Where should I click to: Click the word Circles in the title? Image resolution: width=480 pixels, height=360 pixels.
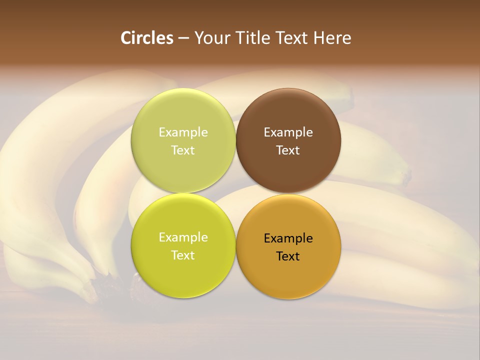(147, 38)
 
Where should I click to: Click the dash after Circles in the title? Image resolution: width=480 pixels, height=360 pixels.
(183, 38)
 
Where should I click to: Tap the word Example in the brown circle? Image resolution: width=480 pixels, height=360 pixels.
(288, 132)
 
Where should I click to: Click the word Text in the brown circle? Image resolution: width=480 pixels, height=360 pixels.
(288, 150)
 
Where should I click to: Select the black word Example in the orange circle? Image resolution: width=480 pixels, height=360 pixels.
(288, 238)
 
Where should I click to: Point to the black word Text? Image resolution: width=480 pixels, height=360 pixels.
(288, 256)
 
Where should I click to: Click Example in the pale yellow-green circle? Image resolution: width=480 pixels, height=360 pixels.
(183, 132)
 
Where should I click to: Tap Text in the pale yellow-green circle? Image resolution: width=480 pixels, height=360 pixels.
(183, 150)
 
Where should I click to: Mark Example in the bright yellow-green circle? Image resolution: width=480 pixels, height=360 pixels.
(183, 237)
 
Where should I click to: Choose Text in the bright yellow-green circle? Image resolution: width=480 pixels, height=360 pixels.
(183, 255)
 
